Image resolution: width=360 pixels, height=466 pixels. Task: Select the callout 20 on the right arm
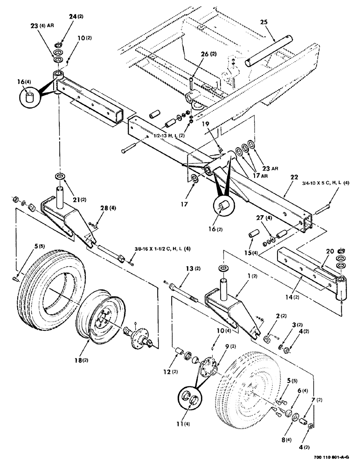point(329,251)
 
